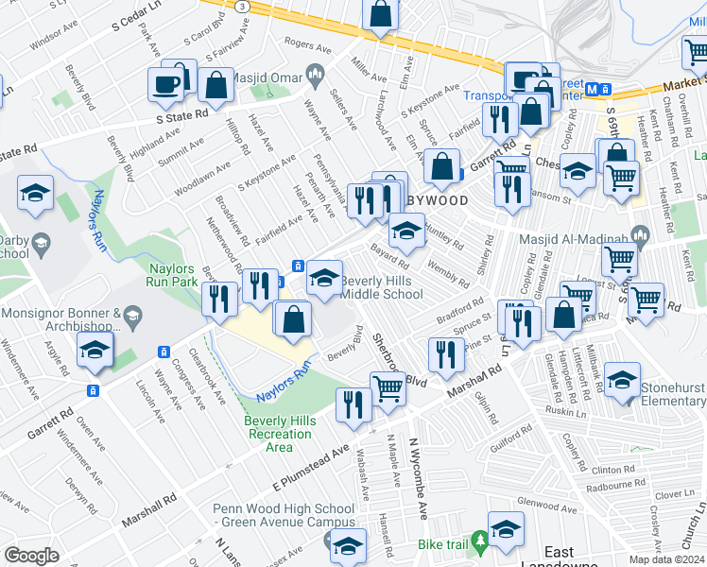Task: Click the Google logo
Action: [x=31, y=557]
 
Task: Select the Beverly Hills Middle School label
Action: [x=382, y=287]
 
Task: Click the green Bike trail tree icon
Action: [x=480, y=541]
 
